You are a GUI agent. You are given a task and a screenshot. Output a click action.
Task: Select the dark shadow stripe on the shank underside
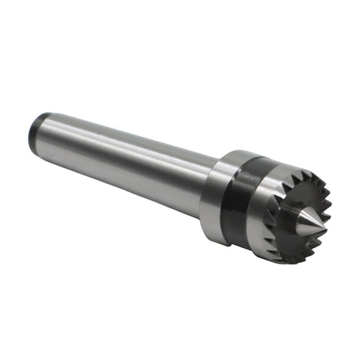(125, 176)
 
